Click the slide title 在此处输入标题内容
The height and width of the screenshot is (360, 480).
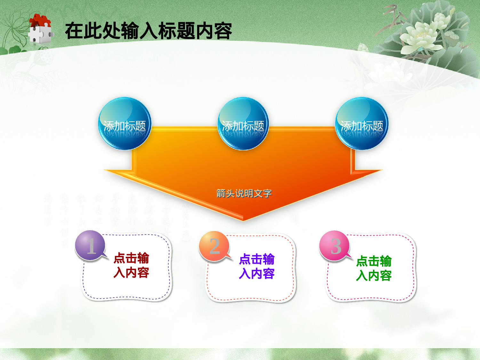pos(148,31)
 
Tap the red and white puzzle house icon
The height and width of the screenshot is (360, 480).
pos(40,29)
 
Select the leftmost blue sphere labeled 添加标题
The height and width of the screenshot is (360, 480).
pos(124,124)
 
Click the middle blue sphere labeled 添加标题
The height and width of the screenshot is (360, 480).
pos(243,124)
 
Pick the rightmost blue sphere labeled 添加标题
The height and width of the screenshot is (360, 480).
pos(362,124)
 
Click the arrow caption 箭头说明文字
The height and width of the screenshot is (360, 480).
pos(244,193)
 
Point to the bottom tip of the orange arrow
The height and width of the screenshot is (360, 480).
pos(243,220)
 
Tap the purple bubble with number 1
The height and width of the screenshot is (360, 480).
pos(90,245)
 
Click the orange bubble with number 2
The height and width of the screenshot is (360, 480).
pos(214,246)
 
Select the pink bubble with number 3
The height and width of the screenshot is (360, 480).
pos(334,246)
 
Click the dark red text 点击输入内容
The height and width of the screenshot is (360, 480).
pos(131,265)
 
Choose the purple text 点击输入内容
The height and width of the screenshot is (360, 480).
pos(257,266)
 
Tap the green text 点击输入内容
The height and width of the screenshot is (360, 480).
pos(374,268)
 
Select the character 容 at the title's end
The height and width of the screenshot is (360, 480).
pos(223,31)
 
